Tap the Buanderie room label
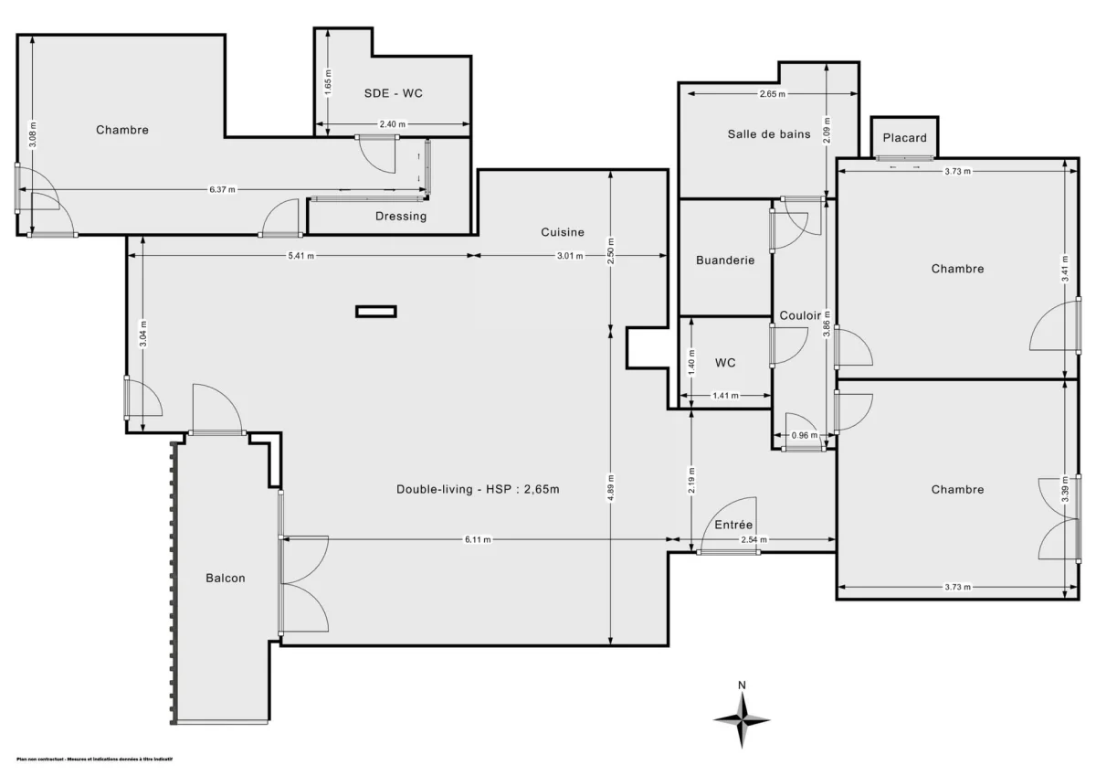tap(725, 260)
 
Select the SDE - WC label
tap(393, 93)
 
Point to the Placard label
tap(904, 138)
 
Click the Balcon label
tap(225, 578)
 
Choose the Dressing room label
tap(401, 217)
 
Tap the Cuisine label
tap(562, 232)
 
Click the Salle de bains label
tap(768, 134)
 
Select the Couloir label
tap(801, 315)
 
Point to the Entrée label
tap(732, 525)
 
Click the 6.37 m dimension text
tap(222, 190)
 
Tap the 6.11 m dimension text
tap(478, 540)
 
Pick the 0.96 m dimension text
tap(804, 435)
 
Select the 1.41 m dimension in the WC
tap(725, 396)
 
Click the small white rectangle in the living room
tap(375, 312)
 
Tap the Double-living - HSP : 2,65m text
tap(477, 489)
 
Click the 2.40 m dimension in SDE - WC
tap(392, 125)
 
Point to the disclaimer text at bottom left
tap(95, 759)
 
